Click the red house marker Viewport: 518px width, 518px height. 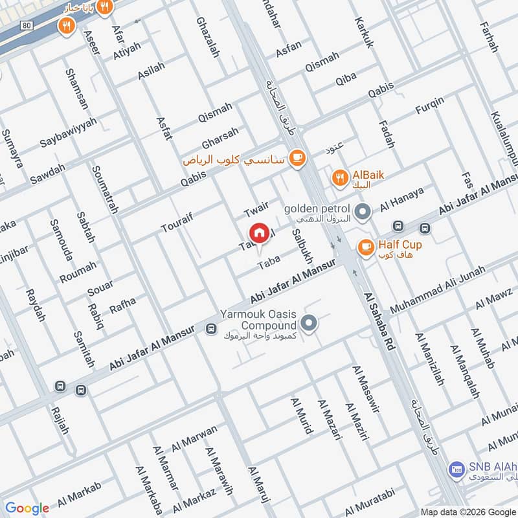click(x=259, y=232)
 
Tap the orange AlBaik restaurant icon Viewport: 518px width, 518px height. click(x=338, y=177)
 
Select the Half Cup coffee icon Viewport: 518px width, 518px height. click(x=365, y=247)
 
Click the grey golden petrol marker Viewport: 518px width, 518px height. click(x=363, y=211)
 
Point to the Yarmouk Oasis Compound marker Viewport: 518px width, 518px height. click(x=310, y=322)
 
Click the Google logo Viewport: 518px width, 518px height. click(x=27, y=508)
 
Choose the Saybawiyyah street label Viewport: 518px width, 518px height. click(x=68, y=132)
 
